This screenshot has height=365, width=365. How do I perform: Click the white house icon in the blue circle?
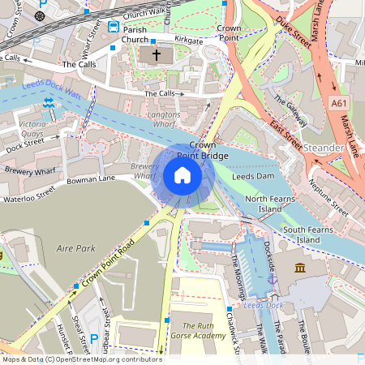(182, 175)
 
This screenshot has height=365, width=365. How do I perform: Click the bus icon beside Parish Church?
(113, 27)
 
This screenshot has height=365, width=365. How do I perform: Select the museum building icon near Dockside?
(300, 268)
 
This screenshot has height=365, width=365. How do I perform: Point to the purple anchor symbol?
(273, 279)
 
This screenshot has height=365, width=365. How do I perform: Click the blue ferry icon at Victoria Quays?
(49, 103)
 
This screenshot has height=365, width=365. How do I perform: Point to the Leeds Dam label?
(254, 176)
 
